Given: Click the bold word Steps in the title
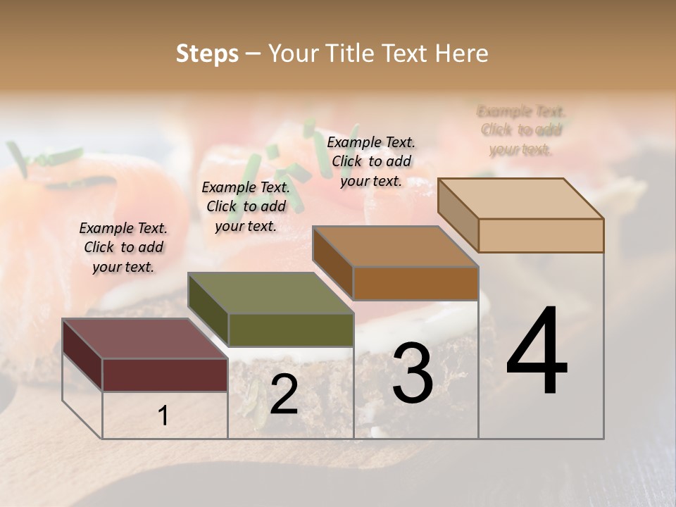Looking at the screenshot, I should pos(207,54).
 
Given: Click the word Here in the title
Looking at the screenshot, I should pos(462,54).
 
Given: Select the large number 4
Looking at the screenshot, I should pos(537,352).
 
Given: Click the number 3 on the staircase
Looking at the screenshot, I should pos(413,373).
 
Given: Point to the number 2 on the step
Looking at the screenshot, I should pos(284,394).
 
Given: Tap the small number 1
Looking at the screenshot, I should pos(163,416).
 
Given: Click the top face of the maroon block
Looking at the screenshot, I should pos(144,339).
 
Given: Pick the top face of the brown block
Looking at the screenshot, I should pos(395,246).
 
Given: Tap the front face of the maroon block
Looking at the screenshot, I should pos(165,375).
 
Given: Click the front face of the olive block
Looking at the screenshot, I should pos(291,330).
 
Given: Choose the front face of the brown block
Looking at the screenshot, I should pos(415,283).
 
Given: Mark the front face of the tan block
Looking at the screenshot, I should pos(541,235).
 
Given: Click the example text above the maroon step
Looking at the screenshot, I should pos(123,247).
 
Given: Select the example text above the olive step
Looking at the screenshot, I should pos(246,206).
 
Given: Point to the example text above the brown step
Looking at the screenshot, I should pos(371,161).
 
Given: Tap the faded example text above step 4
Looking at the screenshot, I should pos(521,130).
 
